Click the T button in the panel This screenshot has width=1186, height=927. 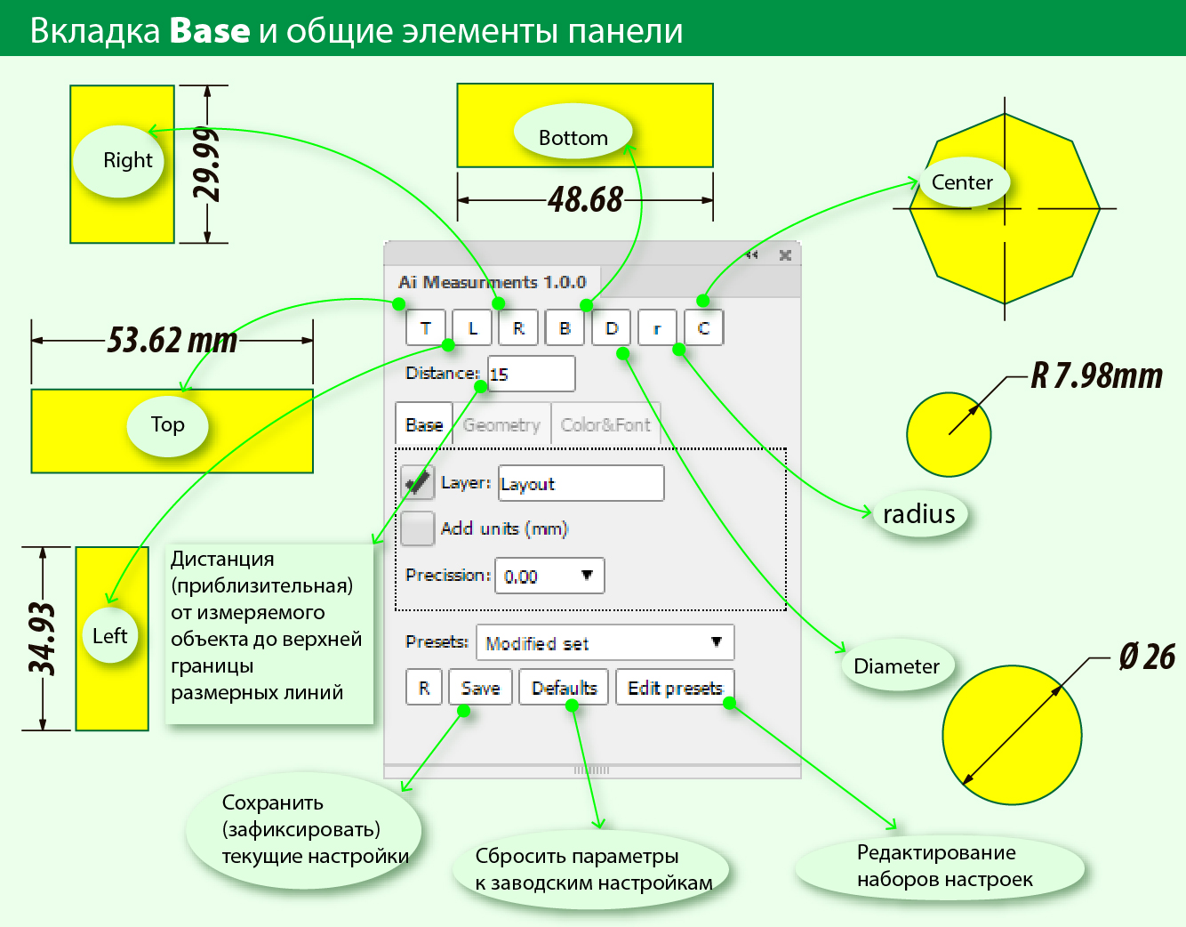coord(426,328)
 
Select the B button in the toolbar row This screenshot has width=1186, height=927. coord(565,328)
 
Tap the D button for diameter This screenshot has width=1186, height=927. coord(612,328)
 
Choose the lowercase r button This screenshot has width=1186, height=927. coord(657,328)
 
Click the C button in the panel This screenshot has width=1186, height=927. coord(703,328)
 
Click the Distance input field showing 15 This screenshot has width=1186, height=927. coord(532,375)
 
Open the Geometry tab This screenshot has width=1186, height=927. coord(501,425)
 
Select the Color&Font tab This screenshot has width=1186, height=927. coord(605,425)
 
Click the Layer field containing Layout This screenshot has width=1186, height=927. coord(581,484)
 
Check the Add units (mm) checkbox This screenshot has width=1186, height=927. coord(417,528)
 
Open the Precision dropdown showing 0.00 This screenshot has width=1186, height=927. coord(549,576)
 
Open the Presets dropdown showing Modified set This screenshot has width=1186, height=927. coord(605,642)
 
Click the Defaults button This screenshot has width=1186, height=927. coord(564,688)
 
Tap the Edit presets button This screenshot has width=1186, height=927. coord(675,688)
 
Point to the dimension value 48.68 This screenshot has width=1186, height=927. coord(585,199)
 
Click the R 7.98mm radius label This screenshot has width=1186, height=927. coord(1096,376)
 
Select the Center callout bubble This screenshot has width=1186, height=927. coord(962,182)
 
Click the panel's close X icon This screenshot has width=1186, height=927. coord(785,255)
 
